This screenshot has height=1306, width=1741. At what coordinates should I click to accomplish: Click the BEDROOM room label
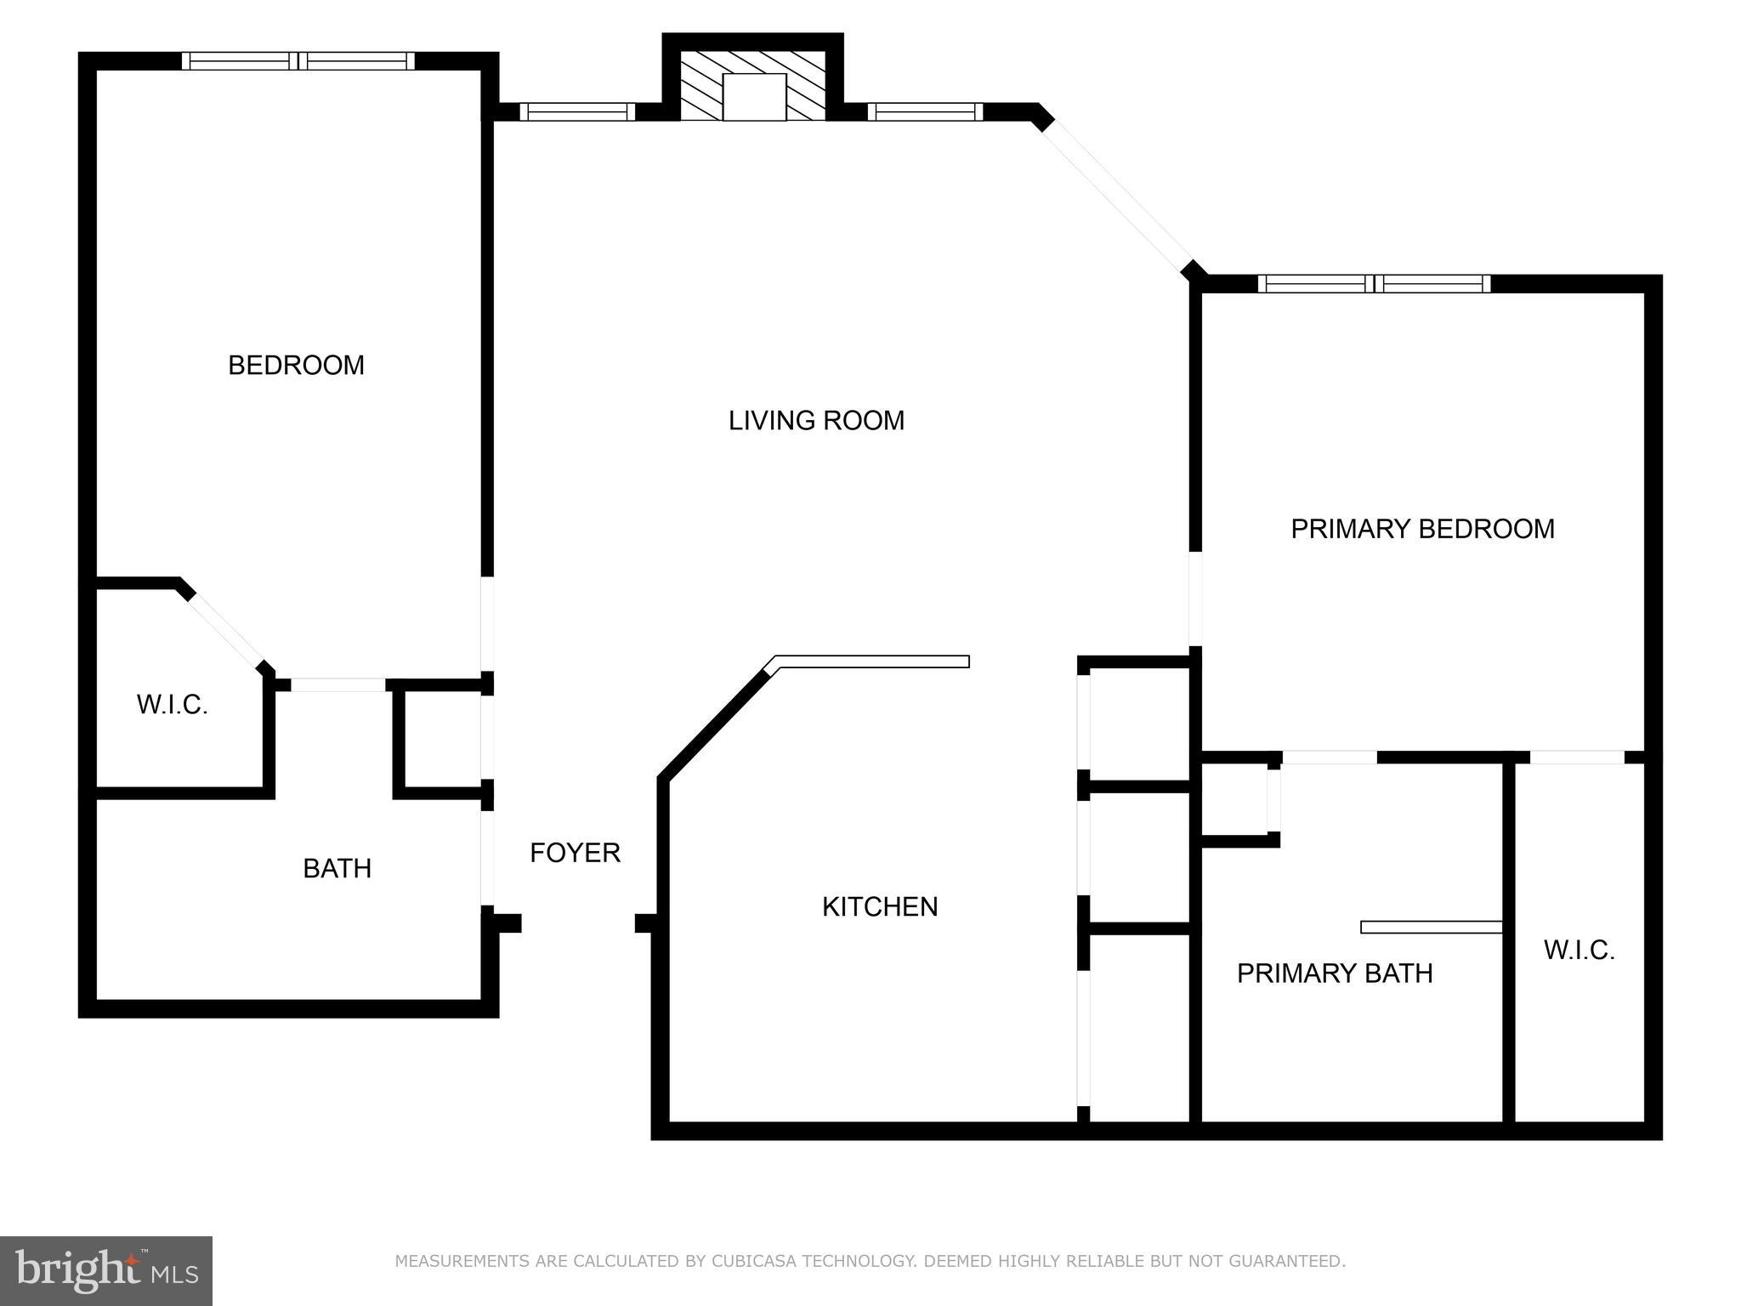pyautogui.click(x=296, y=365)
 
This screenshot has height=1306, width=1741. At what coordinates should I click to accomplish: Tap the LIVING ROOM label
pyautogui.click(x=816, y=420)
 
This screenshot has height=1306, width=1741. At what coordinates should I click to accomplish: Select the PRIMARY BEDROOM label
pyautogui.click(x=1422, y=529)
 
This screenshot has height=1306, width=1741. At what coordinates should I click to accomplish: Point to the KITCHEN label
pyautogui.click(x=880, y=906)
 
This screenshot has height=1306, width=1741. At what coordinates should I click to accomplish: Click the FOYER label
pyautogui.click(x=575, y=852)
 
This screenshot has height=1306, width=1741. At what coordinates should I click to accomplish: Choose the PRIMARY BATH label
pyautogui.click(x=1335, y=973)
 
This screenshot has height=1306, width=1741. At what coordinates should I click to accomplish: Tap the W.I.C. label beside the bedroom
pyautogui.click(x=173, y=704)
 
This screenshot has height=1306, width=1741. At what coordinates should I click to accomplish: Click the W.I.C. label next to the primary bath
pyautogui.click(x=1579, y=950)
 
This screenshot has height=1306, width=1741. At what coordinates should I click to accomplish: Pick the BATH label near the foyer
pyautogui.click(x=337, y=868)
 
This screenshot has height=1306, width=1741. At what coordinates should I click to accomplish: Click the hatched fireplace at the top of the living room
pyautogui.click(x=753, y=86)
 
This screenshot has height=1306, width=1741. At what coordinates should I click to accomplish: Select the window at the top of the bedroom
pyautogui.click(x=298, y=61)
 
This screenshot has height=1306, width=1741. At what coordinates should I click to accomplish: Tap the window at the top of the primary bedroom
pyautogui.click(x=1374, y=284)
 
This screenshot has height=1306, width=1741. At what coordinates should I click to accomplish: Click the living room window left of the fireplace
pyautogui.click(x=577, y=111)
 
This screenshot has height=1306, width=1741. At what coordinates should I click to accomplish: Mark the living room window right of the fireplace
pyautogui.click(x=925, y=111)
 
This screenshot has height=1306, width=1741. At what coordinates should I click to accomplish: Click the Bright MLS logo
pyautogui.click(x=106, y=1270)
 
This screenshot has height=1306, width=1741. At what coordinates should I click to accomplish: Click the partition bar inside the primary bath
pyautogui.click(x=1432, y=927)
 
